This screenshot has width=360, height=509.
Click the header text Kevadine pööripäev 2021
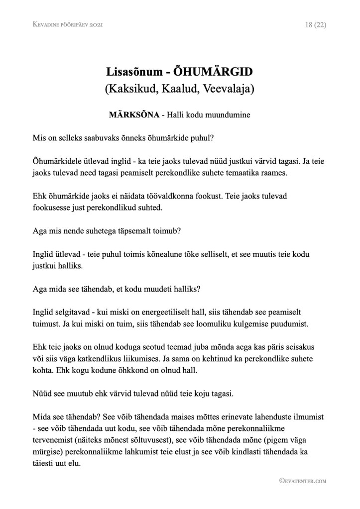tap(67, 24)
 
